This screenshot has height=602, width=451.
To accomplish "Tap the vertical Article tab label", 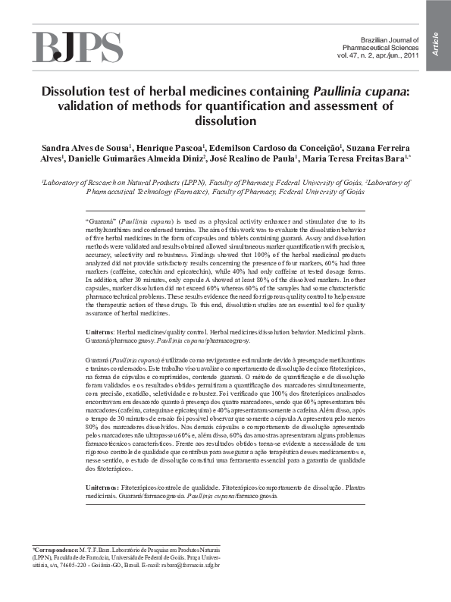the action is click(436, 43).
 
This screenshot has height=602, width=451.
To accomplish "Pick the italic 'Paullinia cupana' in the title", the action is click(360, 92).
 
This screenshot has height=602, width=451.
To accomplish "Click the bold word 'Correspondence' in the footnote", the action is click(55, 548).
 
